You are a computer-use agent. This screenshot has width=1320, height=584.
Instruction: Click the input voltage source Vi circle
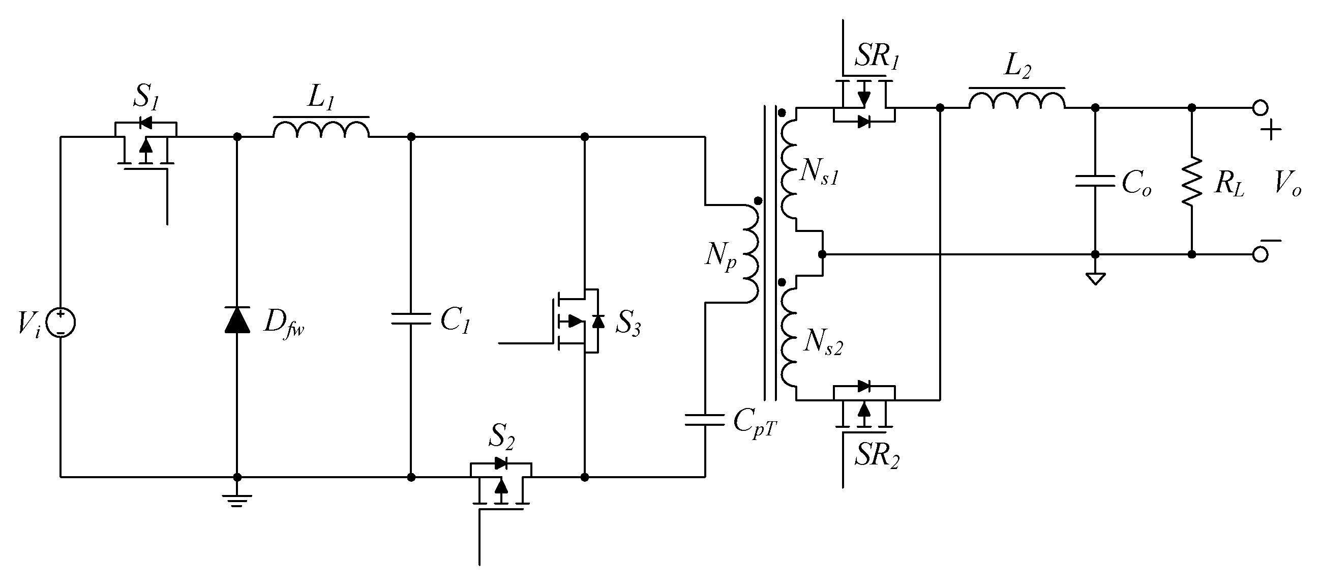[x=61, y=324]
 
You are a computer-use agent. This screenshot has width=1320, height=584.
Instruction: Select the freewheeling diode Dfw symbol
[x=237, y=320]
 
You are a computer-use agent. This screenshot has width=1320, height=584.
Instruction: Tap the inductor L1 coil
[x=321, y=129]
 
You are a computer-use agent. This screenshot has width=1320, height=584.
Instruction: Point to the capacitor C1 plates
[x=410, y=319]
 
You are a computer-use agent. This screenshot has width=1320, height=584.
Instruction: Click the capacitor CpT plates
[x=705, y=420]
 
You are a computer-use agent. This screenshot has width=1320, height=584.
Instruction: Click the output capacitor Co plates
[x=1095, y=181]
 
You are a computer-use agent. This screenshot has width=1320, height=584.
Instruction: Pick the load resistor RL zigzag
[x=1192, y=181]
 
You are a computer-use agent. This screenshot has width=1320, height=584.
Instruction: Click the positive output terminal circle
[x=1260, y=108]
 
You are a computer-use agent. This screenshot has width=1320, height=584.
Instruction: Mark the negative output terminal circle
[x=1260, y=254]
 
